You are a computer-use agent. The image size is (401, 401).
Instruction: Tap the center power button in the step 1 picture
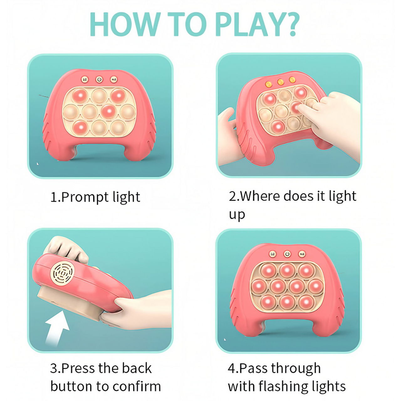tap(99, 79)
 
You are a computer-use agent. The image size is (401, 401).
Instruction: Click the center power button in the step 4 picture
tap(287, 254)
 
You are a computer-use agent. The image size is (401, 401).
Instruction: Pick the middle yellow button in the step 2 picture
tap(280, 82)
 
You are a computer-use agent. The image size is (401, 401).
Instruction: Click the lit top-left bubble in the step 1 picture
tap(80, 96)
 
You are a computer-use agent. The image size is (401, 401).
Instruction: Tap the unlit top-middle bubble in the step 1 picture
tap(99, 96)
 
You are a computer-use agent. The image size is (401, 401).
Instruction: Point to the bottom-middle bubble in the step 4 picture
tap(287, 302)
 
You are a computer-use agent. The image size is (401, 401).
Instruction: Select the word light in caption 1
tap(126, 197)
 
